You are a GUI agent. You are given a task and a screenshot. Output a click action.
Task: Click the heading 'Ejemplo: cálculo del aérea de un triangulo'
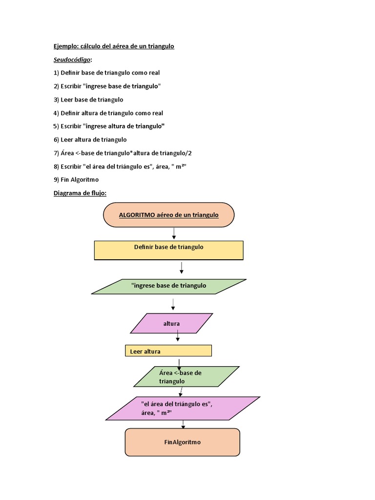pyautogui.click(x=114, y=46)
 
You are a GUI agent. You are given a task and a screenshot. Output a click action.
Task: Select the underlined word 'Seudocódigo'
pyautogui.click(x=72, y=60)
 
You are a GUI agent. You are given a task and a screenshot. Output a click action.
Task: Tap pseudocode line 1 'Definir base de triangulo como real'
pyautogui.click(x=106, y=73)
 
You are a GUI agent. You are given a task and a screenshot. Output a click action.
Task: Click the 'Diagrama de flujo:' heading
pyautogui.click(x=80, y=193)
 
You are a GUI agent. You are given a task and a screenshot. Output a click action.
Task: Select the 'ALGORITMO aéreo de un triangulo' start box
pyautogui.click(x=168, y=215)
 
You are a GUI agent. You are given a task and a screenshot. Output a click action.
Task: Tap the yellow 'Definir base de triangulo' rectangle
pyautogui.click(x=168, y=250)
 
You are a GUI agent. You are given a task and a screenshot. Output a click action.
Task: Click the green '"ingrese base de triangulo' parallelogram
pyautogui.click(x=169, y=286)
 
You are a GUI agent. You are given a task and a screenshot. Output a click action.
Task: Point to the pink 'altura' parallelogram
pyautogui.click(x=171, y=323)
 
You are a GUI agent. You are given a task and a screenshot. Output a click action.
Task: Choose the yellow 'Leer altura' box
pyautogui.click(x=168, y=351)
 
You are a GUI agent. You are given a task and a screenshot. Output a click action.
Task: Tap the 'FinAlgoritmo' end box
pyautogui.click(x=182, y=442)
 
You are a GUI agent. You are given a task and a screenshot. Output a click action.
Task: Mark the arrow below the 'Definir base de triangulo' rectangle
pyautogui.click(x=181, y=268)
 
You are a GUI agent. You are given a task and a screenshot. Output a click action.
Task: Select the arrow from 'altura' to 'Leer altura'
pyautogui.click(x=178, y=337)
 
